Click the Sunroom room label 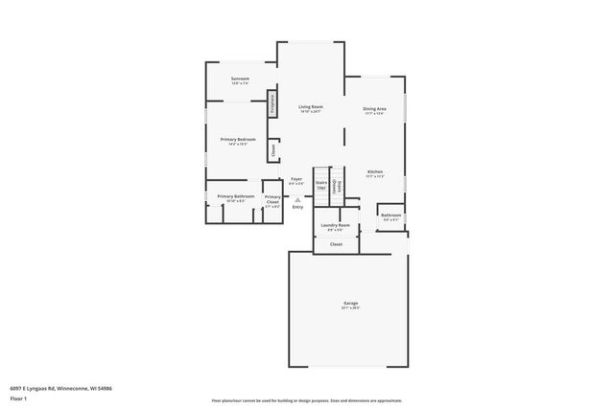pos(240,80)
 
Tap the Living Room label pos(309,108)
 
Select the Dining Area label pos(374,111)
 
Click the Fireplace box pos(272,104)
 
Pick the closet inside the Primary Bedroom pos(272,149)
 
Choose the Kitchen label pos(374,173)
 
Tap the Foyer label pos(296,180)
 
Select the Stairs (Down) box pos(335,187)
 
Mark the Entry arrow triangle pos(296,199)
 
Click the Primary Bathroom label pos(236,197)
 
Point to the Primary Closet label pos(272,200)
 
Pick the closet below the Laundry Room pos(336,244)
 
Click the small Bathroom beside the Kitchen pos(390,216)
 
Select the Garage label pos(350,305)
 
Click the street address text pos(60,388)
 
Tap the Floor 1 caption pos(19,397)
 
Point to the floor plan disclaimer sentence pos(306,400)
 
